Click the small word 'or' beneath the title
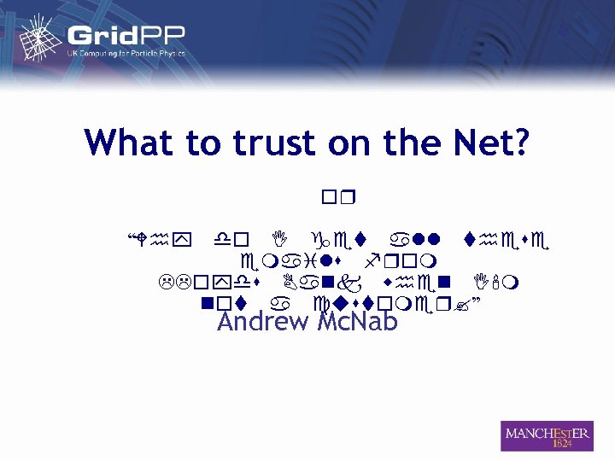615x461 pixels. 339,200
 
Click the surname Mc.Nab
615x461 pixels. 358,323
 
